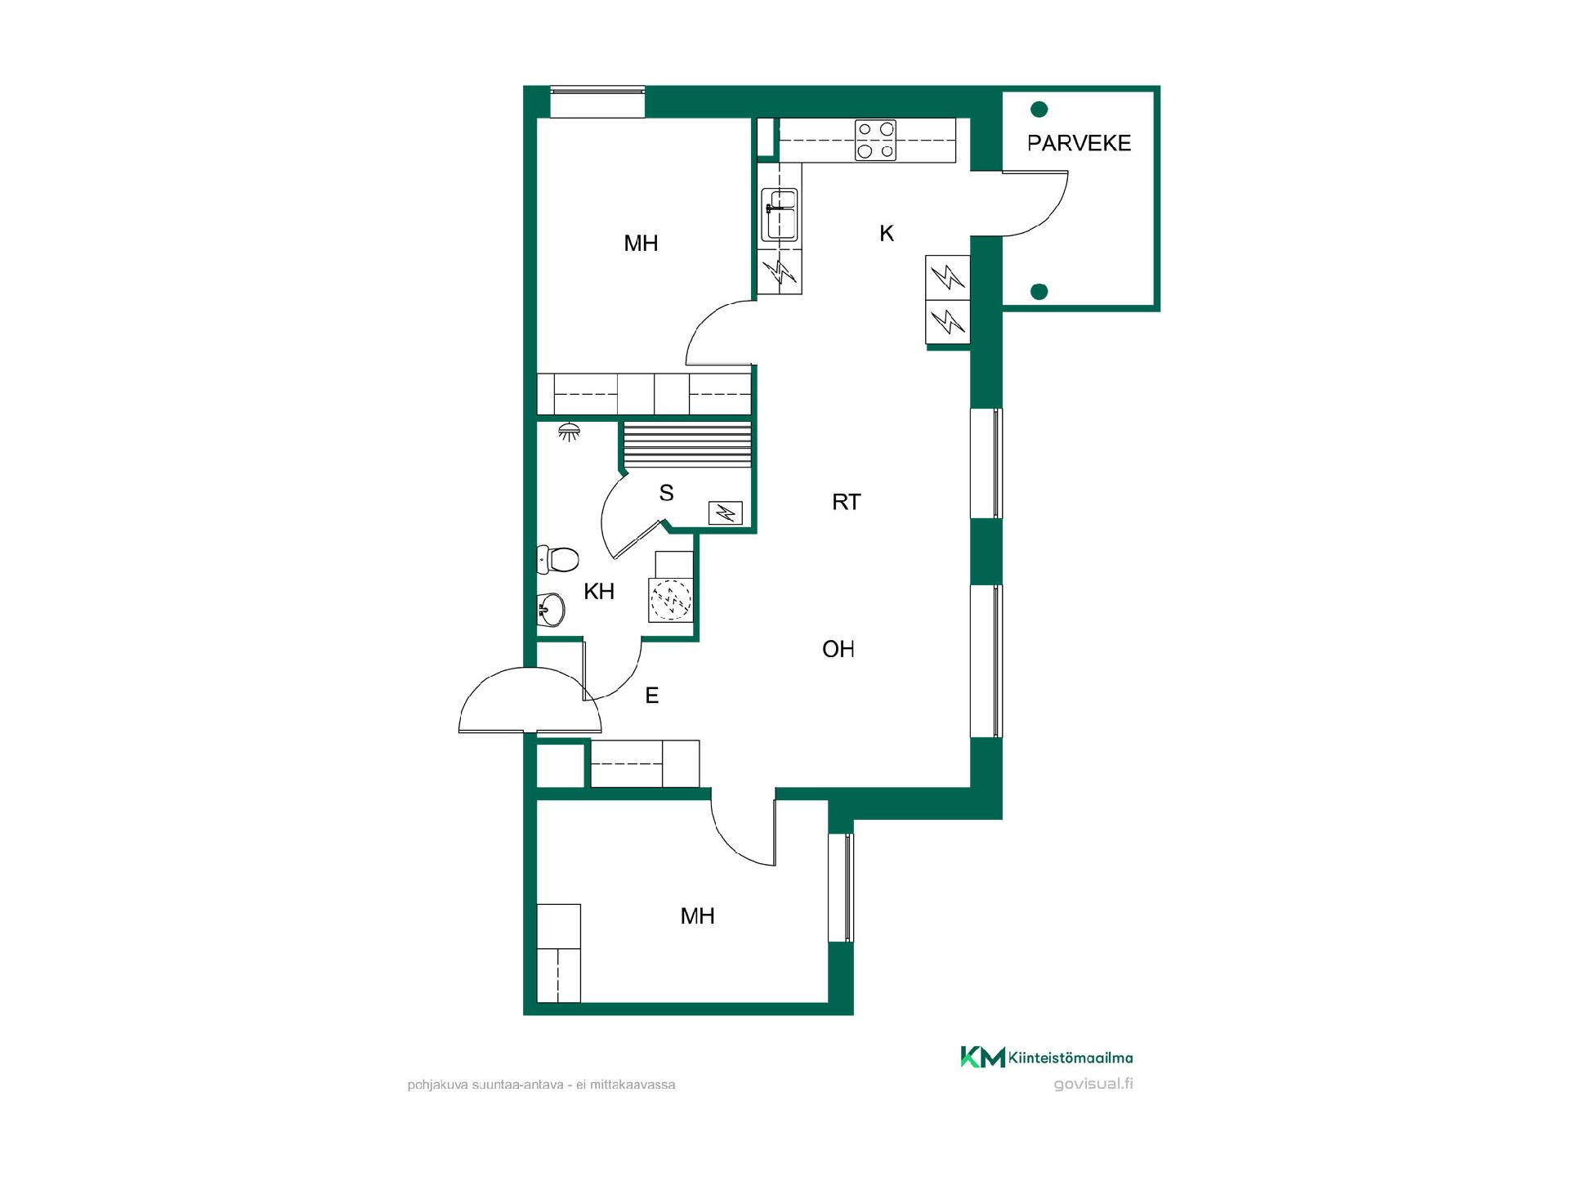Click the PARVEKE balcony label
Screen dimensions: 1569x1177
coord(1079,143)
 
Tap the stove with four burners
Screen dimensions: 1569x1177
coord(875,140)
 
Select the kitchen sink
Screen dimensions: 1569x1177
coord(780,215)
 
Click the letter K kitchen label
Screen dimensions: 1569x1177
coord(887,234)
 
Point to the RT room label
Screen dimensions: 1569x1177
coord(847,502)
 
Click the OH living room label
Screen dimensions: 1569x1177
coord(838,649)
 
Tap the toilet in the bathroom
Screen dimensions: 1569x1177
coord(558,560)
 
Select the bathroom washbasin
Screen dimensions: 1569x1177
coord(551,609)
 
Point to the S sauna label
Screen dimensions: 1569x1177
coord(667,493)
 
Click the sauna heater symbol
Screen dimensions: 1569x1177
coord(725,512)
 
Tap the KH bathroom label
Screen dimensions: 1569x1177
coord(599,592)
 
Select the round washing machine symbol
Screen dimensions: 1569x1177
coord(670,600)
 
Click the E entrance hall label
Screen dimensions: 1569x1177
coord(652,696)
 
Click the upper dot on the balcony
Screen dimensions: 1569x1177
coord(1039,109)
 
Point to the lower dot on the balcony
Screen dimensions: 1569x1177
coord(1039,291)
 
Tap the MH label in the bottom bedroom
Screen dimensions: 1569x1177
coord(698,916)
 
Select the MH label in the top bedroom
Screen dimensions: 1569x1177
coord(641,244)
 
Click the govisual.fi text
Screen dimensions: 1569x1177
coord(1093,1084)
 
